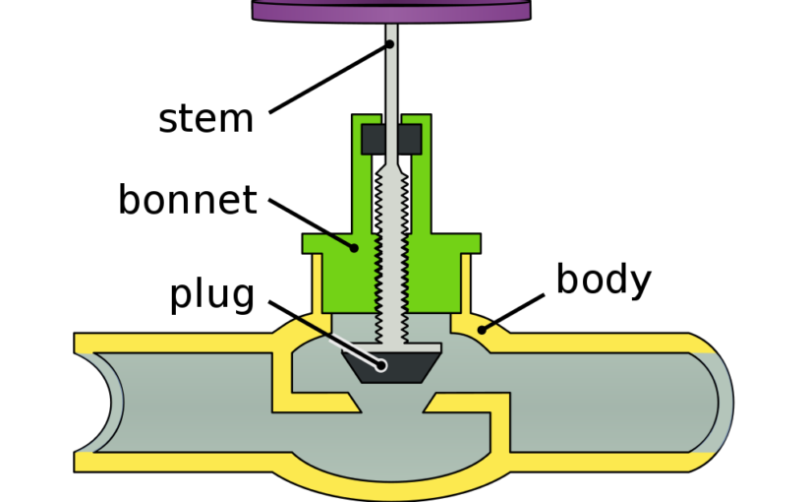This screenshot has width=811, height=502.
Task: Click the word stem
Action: [205, 118]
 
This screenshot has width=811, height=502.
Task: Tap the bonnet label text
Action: [187, 200]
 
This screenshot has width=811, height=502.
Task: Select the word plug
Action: [211, 293]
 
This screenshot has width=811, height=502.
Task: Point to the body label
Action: [603, 280]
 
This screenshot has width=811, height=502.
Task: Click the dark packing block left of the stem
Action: [374, 139]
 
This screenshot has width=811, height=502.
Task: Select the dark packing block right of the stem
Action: [411, 139]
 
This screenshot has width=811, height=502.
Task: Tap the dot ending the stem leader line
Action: [391, 44]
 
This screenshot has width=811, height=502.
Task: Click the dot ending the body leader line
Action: [482, 329]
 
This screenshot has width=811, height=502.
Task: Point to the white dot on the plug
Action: [381, 366]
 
